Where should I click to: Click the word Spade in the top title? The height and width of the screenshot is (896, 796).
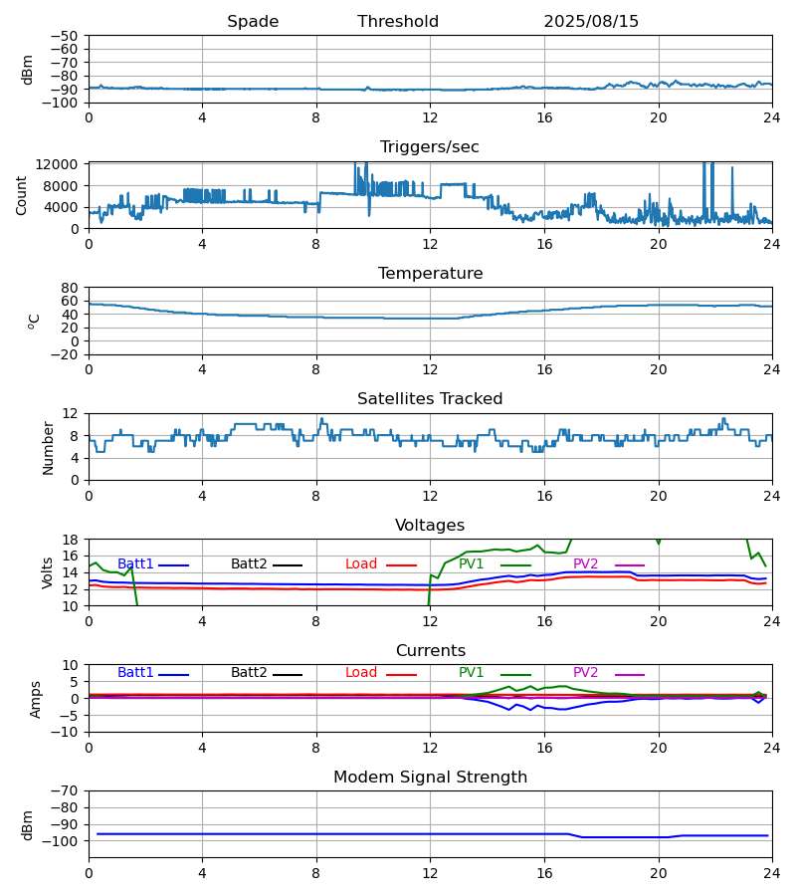pyautogui.click(x=253, y=22)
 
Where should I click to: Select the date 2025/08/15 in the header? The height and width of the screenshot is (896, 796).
pyautogui.click(x=591, y=22)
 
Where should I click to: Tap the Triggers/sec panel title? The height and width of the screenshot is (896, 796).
pyautogui.click(x=430, y=147)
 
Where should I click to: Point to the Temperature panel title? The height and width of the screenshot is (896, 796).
pyautogui.click(x=430, y=274)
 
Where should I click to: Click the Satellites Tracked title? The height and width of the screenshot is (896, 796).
pyautogui.click(x=430, y=399)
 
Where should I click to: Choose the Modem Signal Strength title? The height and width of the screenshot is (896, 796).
pyautogui.click(x=430, y=778)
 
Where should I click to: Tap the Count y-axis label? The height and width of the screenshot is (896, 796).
pyautogui.click(x=22, y=195)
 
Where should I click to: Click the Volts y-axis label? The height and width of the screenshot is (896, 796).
pyautogui.click(x=48, y=572)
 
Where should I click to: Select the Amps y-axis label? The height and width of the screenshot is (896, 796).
pyautogui.click(x=37, y=699)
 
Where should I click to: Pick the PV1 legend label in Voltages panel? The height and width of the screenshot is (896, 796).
pyautogui.click(x=471, y=564)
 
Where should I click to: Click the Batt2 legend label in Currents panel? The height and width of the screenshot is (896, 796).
pyautogui.click(x=249, y=673)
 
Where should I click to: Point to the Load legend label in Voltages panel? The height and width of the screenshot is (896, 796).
pyautogui.click(x=361, y=564)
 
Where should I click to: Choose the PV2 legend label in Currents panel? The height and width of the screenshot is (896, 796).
pyautogui.click(x=585, y=673)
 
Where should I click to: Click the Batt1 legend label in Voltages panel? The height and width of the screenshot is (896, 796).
pyautogui.click(x=135, y=564)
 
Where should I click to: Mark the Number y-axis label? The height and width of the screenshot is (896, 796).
pyautogui.click(x=48, y=447)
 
